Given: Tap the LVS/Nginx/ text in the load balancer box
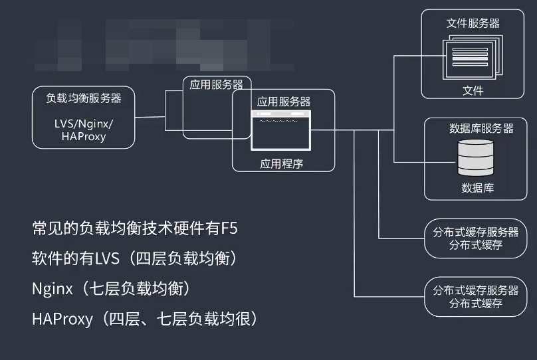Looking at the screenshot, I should click(84, 124).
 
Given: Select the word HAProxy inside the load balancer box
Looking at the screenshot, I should click(84, 137).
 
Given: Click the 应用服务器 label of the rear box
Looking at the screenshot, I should click(216, 84).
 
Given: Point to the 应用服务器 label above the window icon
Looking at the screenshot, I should click(284, 102).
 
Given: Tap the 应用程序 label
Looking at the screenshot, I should click(281, 163).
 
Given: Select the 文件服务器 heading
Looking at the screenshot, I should click(473, 23).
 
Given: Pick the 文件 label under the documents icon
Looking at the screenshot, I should click(473, 90).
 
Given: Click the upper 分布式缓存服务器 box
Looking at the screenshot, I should click(475, 238).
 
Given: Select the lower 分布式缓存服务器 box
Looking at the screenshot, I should click(475, 297).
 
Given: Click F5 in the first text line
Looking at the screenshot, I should click(229, 229).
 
